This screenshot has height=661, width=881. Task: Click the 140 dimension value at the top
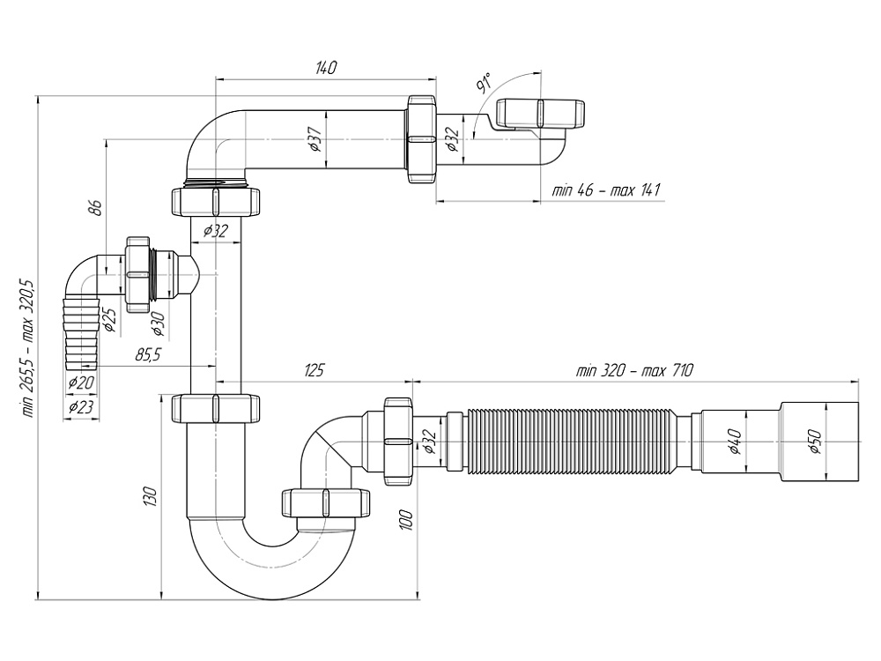tap(326, 69)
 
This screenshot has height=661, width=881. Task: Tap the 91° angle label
tap(484, 85)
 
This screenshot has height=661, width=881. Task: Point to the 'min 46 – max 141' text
tap(606, 190)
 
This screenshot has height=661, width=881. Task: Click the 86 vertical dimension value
tap(96, 208)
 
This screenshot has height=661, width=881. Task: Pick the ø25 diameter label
tap(110, 319)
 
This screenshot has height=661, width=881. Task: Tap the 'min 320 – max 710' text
tap(634, 371)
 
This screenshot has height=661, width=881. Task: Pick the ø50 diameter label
tap(814, 442)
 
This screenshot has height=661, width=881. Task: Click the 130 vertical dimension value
tap(151, 496)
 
